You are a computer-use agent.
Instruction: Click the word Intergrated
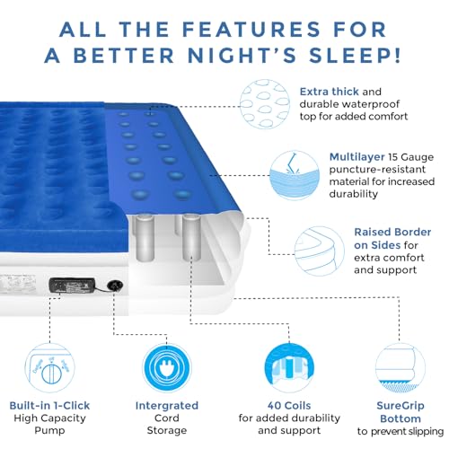point(163,405)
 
